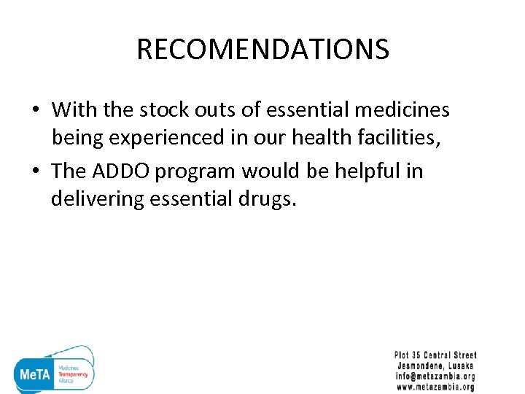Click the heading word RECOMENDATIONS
tap(262, 50)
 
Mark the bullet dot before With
tap(35, 111)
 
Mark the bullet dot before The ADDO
tap(35, 171)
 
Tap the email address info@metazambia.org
tap(435, 376)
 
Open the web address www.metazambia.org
tap(435, 387)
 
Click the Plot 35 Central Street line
tap(435, 355)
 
